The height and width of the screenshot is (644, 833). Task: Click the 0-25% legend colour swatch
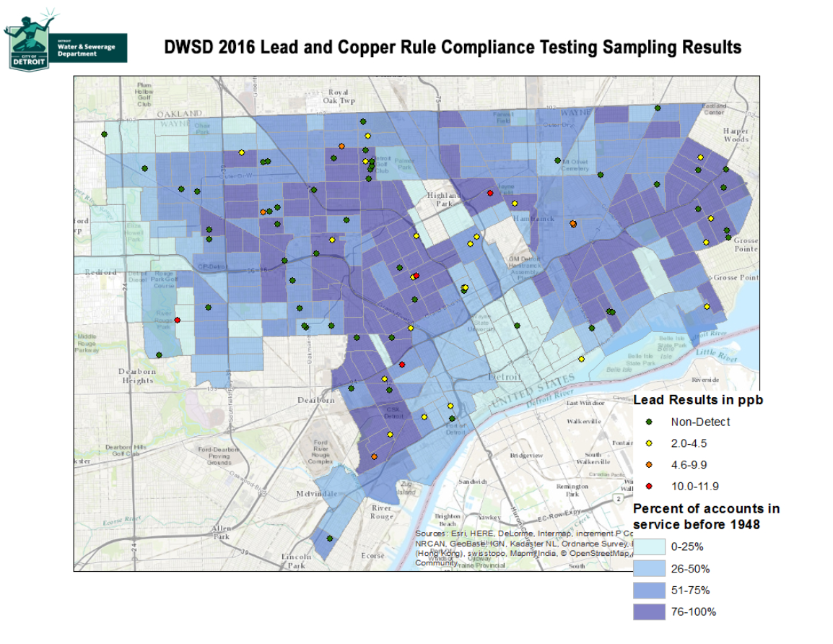click(649, 547)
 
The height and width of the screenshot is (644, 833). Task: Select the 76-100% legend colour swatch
click(649, 612)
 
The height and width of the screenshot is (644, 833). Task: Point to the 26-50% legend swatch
click(649, 568)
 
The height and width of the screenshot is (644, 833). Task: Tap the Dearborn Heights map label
click(137, 375)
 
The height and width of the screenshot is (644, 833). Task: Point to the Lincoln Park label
click(296, 561)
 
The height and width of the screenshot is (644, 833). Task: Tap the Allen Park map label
click(221, 533)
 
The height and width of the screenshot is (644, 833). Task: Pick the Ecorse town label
click(372, 556)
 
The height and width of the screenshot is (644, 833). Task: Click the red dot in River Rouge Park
click(177, 320)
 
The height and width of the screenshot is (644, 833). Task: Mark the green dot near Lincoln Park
click(329, 538)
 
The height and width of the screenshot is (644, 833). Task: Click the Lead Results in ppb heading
click(698, 399)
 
